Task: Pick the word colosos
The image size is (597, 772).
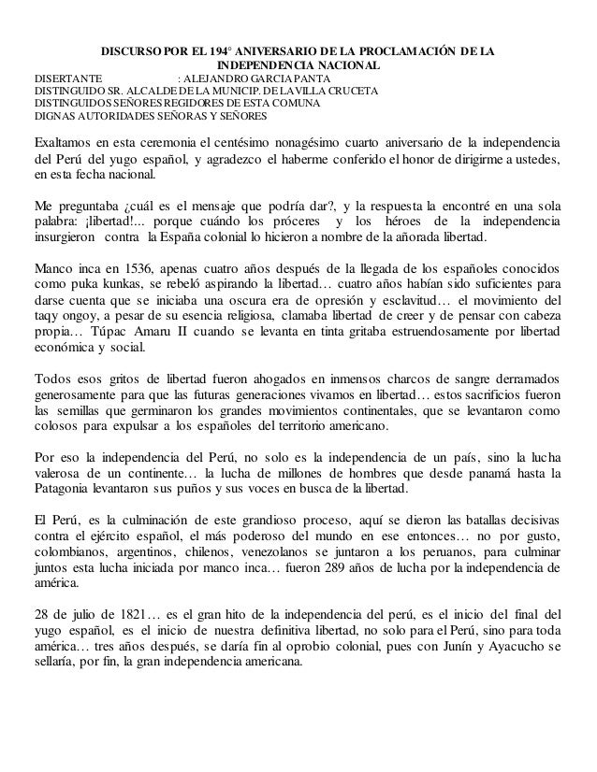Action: coord(56,433)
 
